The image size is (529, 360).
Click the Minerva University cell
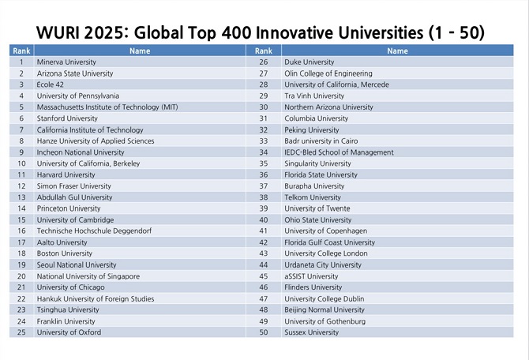click(66, 62)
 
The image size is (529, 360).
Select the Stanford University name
click(67, 118)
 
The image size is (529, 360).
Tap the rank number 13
click(21, 197)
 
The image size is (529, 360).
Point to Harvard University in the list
click(66, 174)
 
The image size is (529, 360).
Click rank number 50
click(264, 332)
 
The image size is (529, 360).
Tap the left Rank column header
click(21, 51)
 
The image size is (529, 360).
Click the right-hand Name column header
click(397, 51)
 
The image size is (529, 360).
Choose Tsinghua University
click(68, 310)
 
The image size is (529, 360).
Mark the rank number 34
click(264, 152)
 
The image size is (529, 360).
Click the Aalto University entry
click(62, 242)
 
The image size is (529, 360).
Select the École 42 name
click(52, 84)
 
